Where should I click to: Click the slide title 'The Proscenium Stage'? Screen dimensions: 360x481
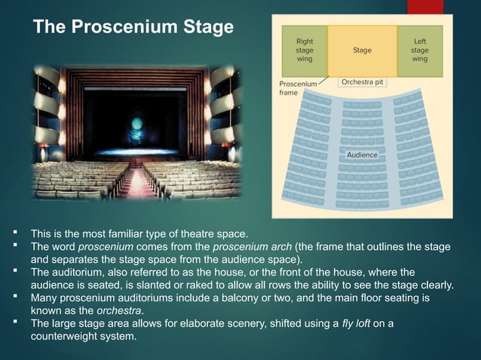click(134, 29)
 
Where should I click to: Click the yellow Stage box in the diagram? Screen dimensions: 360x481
click(362, 50)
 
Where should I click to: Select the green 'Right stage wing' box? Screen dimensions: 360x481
click(305, 50)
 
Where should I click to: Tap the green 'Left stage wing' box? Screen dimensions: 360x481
click(419, 50)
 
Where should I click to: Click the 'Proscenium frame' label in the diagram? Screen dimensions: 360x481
click(297, 88)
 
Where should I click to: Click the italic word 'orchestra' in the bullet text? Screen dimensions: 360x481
click(119, 310)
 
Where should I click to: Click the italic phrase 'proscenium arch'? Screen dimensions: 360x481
click(250, 246)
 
